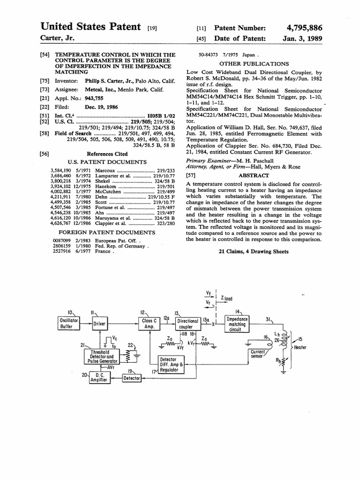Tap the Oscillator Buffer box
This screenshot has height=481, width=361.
coord(66,323)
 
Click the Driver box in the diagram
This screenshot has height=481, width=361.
coord(99,324)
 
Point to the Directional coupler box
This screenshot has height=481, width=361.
coord(188,324)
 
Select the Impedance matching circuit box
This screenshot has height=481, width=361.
coord(237,324)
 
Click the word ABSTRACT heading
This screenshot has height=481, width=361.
coord(254,175)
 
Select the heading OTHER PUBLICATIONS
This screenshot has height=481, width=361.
coord(254,64)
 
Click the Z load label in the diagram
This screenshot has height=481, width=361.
coord(226,298)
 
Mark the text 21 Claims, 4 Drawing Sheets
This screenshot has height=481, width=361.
coord(254,252)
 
